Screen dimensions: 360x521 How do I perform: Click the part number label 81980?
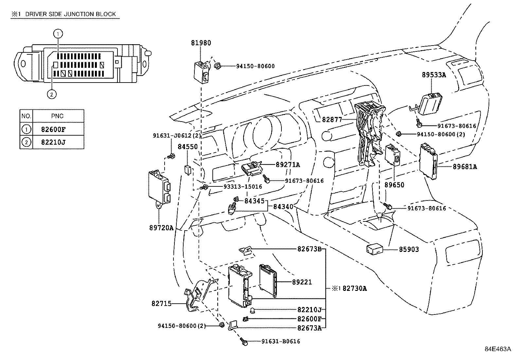coord(201,43)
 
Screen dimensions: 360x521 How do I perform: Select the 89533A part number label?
coord(434,75)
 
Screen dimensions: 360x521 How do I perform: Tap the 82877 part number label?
coord(332,120)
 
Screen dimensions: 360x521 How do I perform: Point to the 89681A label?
coord(465,167)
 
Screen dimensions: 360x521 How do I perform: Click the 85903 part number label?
coord(409,249)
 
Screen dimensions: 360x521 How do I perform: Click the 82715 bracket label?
coord(161,304)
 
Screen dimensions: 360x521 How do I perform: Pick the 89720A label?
coord(159,227)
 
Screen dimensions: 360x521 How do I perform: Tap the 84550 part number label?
coord(188,147)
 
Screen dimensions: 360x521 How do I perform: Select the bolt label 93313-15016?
coord(243,187)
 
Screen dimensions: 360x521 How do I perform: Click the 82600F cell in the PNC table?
coord(53,129)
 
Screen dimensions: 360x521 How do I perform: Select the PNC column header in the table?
coord(57,116)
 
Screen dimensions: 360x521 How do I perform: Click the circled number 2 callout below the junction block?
coord(52,94)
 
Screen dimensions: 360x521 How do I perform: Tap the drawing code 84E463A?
coord(498,349)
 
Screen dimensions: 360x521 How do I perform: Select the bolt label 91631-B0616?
coord(280,341)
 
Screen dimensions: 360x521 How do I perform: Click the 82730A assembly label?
coord(354,289)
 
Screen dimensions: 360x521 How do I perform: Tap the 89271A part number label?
coord(288,165)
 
